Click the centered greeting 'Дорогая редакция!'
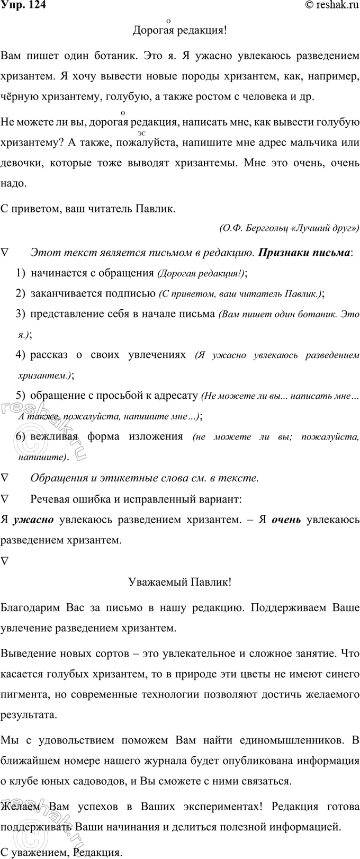[x=179, y=30]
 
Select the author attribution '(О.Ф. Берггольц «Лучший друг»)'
[x=288, y=228]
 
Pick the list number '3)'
[x=21, y=314]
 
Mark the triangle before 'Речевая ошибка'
[x=5, y=499]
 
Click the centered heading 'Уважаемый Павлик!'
[x=179, y=582]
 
